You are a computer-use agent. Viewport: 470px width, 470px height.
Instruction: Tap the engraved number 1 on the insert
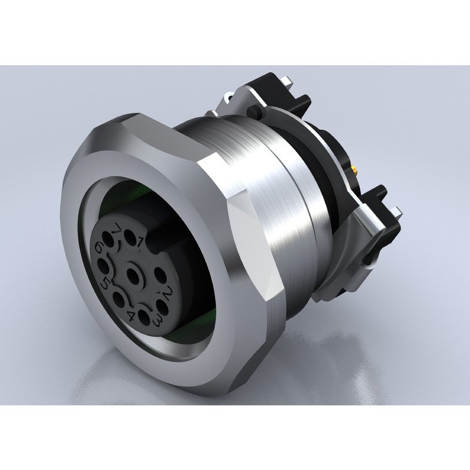(x=141, y=240)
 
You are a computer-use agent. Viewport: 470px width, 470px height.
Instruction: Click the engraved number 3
(x=157, y=320)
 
